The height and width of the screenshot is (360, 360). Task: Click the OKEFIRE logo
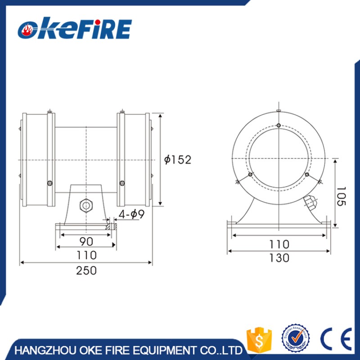coord(74,29)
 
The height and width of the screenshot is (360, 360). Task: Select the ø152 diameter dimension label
coord(178,160)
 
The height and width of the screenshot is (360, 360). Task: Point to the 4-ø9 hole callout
coord(131,214)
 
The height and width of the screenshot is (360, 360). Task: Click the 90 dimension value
coord(86,241)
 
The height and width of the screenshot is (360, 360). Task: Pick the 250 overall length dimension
coord(86,270)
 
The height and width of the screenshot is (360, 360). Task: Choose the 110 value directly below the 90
coord(86,255)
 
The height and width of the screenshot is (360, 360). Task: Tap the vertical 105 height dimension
coord(342,196)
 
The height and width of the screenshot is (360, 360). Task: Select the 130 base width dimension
coord(279,258)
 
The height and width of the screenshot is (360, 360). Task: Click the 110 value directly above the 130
coord(279,244)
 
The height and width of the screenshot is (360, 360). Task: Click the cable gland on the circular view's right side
coord(310,202)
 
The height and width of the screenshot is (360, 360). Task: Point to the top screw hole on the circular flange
coord(279,125)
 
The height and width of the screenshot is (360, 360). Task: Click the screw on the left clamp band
coord(50,182)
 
